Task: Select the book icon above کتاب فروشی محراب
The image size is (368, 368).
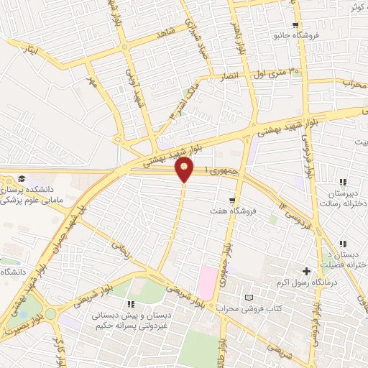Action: tap(249, 298)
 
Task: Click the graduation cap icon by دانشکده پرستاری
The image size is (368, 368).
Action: tap(22, 178)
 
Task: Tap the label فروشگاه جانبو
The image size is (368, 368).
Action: tap(295, 34)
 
